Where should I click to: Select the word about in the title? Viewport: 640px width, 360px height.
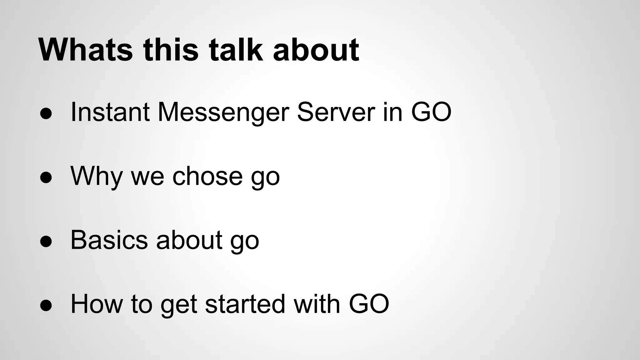click(316, 50)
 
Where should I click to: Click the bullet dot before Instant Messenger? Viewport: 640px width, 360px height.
click(46, 113)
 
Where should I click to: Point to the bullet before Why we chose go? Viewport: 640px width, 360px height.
click(46, 177)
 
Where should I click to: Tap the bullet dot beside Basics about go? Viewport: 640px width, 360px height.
click(46, 241)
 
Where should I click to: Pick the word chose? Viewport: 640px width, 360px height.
click(207, 176)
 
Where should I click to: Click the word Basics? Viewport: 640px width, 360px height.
click(109, 240)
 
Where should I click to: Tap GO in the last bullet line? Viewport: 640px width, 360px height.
click(369, 304)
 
